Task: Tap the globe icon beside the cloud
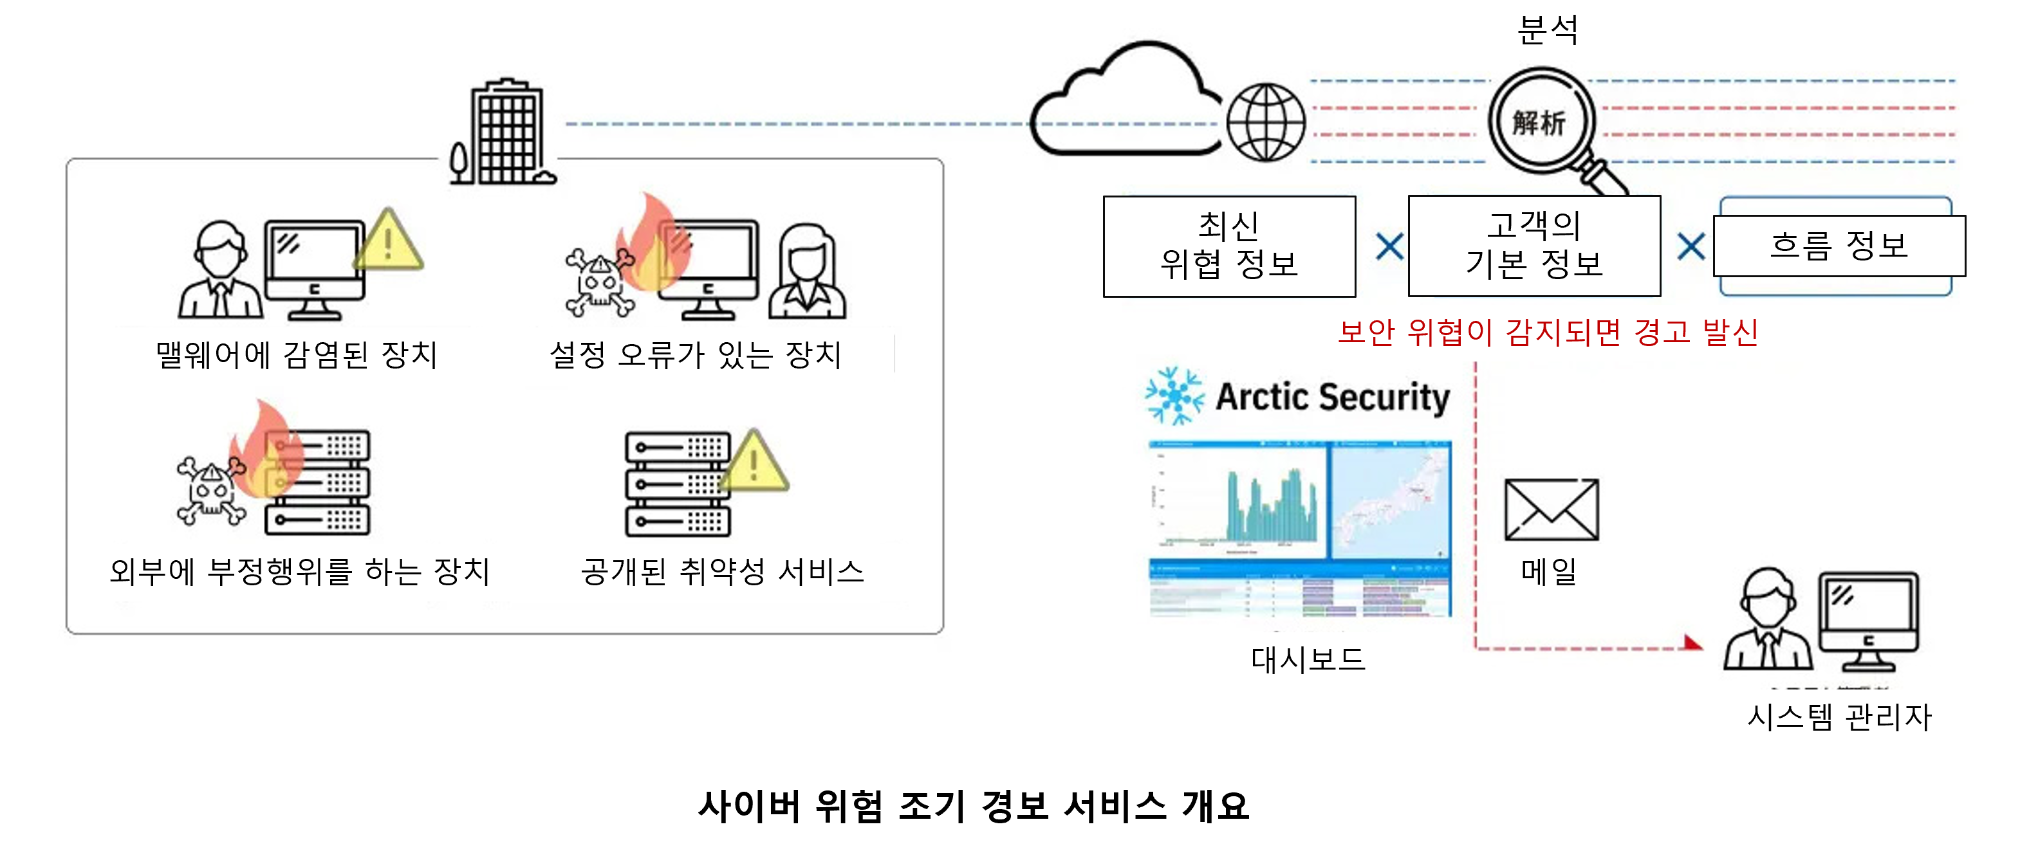[1265, 123]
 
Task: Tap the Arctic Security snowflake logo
[1174, 396]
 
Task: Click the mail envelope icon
[1551, 509]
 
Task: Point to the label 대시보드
[1308, 659]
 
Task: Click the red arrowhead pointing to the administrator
[1693, 644]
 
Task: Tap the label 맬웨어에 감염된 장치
[297, 355]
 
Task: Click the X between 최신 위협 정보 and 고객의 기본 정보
[1389, 247]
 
